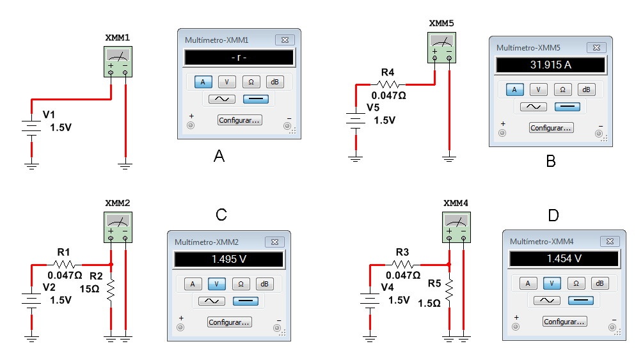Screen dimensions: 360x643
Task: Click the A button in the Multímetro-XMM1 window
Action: (x=203, y=82)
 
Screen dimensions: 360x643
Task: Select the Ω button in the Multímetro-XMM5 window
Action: (x=562, y=90)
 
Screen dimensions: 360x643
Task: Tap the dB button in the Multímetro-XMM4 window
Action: (x=599, y=283)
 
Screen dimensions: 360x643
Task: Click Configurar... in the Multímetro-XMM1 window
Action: (x=239, y=120)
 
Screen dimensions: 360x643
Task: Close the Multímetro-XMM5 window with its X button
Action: (x=596, y=48)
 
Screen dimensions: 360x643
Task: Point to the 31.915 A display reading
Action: (x=550, y=65)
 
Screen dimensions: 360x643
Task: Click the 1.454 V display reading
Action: (x=564, y=259)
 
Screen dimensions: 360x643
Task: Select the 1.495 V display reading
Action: (x=228, y=259)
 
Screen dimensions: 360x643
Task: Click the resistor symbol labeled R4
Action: (x=389, y=84)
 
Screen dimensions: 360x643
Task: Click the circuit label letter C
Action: (x=221, y=214)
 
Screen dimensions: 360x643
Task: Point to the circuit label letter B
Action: (x=550, y=162)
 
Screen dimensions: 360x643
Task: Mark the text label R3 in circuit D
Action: (x=402, y=251)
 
